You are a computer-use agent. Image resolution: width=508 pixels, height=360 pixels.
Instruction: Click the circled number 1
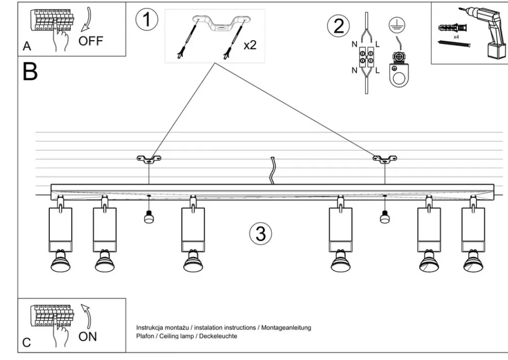146,20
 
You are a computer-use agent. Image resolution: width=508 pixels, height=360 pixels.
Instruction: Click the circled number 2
338,26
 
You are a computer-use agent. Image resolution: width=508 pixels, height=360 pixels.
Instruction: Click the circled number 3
261,234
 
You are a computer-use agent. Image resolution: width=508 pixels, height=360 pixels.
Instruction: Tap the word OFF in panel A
90,42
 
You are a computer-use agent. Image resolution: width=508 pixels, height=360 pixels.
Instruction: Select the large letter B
30,72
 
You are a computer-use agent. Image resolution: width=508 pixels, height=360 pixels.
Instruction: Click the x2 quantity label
250,45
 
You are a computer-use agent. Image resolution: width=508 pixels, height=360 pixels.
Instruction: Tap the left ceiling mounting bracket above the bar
148,160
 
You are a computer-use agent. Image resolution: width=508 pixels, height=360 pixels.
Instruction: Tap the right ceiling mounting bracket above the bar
385,160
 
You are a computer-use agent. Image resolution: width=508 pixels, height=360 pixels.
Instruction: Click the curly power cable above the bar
273,170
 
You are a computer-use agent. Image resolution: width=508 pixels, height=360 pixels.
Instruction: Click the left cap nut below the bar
149,217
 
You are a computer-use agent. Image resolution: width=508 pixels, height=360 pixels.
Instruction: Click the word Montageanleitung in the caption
286,328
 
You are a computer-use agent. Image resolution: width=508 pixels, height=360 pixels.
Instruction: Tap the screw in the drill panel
454,44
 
